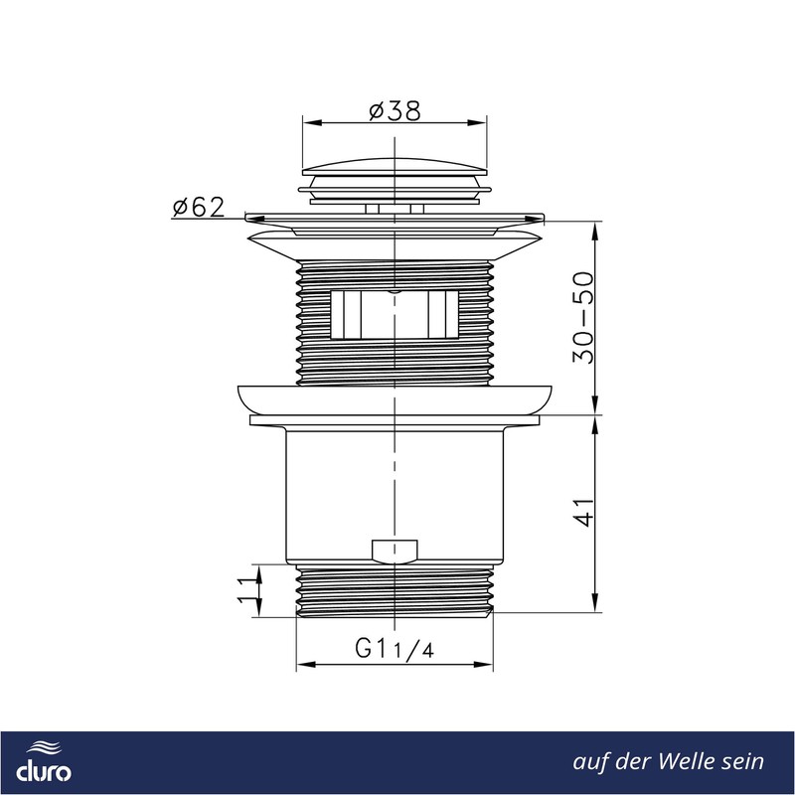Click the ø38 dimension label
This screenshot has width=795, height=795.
click(x=395, y=111)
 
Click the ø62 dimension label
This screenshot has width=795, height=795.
click(x=198, y=207)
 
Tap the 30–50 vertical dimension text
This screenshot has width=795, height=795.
click(x=583, y=318)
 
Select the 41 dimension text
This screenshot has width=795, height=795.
click(x=584, y=513)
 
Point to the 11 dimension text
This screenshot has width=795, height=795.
click(x=247, y=590)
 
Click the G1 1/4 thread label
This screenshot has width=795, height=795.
click(x=395, y=649)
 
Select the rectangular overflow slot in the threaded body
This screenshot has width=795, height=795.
click(x=395, y=315)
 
